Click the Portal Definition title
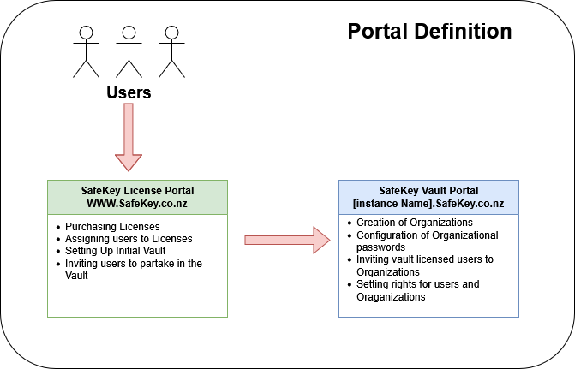click(429, 32)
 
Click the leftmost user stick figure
click(86, 51)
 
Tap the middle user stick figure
click(129, 51)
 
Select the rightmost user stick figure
click(171, 51)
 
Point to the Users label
click(129, 92)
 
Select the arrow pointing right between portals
click(287, 241)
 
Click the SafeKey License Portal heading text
click(136, 190)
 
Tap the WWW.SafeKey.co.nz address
click(136, 205)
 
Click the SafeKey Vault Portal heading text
click(428, 190)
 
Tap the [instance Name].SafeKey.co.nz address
click(428, 205)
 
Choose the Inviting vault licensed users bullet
click(423, 265)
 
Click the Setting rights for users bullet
click(417, 283)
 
